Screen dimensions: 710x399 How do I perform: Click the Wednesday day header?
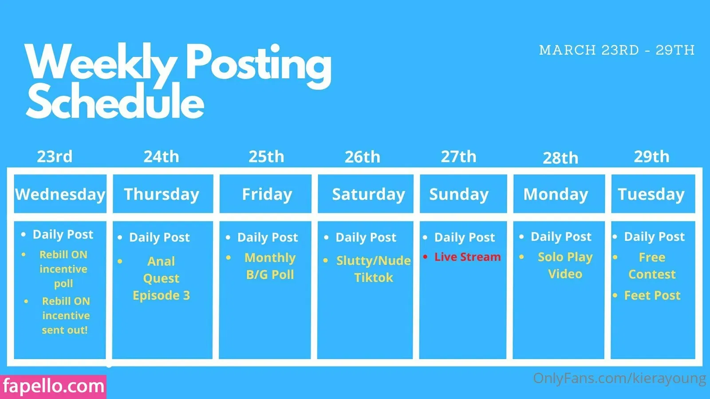point(60,194)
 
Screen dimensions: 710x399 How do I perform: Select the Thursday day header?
point(162,194)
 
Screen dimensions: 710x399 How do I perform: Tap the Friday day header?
point(267,194)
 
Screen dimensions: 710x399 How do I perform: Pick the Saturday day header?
point(368,194)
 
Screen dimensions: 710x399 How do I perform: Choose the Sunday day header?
point(459,194)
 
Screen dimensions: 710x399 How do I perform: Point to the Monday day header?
point(556,194)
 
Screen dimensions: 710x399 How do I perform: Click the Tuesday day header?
point(651,194)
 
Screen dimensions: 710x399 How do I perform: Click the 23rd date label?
point(55,156)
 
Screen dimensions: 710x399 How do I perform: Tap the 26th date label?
point(362,157)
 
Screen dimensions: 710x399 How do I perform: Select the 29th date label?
point(651,156)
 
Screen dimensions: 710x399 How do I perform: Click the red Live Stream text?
point(468,257)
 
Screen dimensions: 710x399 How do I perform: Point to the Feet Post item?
point(652,295)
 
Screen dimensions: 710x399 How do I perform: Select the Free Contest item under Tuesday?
point(652,266)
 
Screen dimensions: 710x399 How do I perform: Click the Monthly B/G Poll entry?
point(270,266)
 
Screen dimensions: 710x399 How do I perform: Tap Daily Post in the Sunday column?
point(464,237)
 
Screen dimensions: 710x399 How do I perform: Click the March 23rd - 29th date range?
point(617,50)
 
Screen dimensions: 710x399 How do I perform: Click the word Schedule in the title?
point(115,102)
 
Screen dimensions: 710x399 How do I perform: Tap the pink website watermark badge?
point(53,387)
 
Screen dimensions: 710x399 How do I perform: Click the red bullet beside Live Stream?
point(426,256)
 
